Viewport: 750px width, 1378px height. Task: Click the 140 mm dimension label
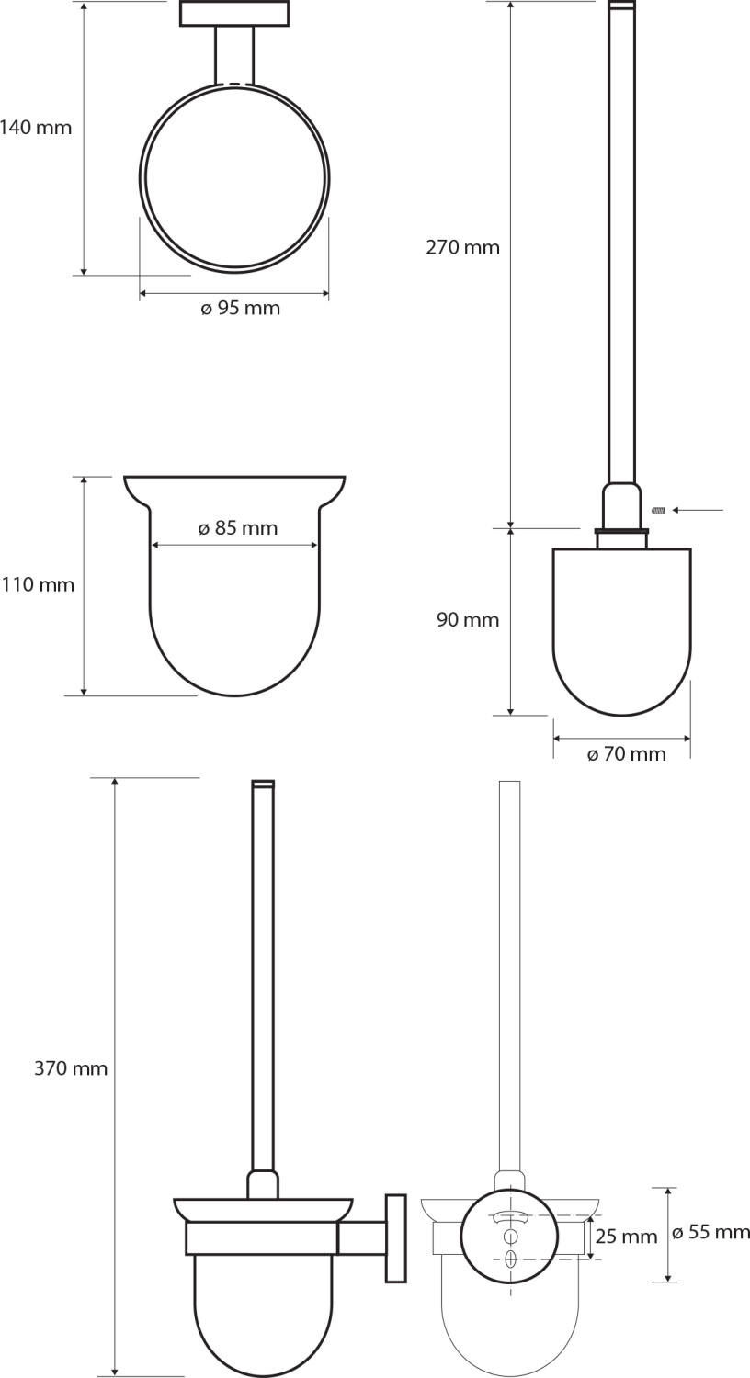[36, 128]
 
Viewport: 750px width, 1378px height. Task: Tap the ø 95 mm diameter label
[240, 308]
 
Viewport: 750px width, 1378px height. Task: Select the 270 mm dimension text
[462, 247]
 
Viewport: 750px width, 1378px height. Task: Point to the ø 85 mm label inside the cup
[237, 528]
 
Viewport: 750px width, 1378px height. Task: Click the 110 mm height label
[38, 584]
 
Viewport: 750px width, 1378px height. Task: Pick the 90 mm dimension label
[468, 619]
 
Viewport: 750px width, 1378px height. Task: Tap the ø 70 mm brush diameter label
[626, 753]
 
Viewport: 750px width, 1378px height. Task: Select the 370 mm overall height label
[71, 1068]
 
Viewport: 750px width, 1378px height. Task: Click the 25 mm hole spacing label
[626, 1237]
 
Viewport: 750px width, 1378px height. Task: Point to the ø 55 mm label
[710, 1233]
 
